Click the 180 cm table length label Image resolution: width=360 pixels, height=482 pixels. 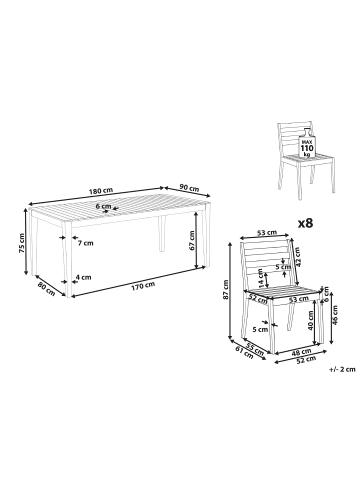[101, 191]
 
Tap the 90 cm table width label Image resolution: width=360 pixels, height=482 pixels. [189, 188]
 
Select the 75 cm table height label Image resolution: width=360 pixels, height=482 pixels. [21, 243]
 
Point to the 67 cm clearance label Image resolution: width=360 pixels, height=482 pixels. [191, 241]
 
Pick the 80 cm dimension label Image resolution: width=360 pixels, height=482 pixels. [46, 288]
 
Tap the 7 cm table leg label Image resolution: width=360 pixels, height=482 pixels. [85, 243]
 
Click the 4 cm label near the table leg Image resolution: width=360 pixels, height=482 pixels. [83, 277]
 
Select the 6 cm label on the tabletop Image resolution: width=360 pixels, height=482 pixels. [103, 206]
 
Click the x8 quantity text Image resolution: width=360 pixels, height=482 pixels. [305, 223]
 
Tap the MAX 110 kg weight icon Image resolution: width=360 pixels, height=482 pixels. [305, 144]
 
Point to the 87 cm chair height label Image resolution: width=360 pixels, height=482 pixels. [226, 289]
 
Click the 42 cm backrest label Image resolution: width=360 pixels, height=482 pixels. [297, 257]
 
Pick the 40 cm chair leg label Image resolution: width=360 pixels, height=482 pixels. [311, 321]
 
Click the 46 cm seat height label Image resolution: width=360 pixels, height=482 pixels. [335, 315]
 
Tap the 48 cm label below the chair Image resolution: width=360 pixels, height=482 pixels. [302, 352]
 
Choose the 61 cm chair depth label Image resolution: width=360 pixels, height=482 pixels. [244, 353]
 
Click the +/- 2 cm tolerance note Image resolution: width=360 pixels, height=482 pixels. [342, 369]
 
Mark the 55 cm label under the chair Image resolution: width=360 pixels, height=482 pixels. [254, 349]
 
